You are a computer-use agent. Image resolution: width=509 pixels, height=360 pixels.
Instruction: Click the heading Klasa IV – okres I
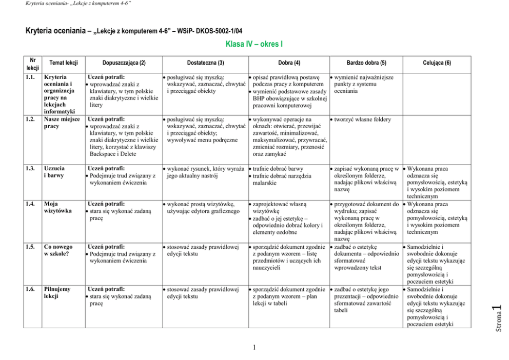[254, 44]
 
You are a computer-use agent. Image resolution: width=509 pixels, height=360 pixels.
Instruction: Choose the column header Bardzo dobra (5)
[366, 63]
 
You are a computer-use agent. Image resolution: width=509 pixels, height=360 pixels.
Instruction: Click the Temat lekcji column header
[63, 63]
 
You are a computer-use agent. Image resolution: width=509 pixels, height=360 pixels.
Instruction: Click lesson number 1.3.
[31, 168]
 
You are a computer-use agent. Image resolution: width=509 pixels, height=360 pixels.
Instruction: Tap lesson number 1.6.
[31, 289]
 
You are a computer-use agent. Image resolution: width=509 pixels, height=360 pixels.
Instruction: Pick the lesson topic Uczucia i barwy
[55, 172]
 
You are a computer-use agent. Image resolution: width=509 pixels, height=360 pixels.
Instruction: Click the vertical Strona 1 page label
[496, 318]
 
